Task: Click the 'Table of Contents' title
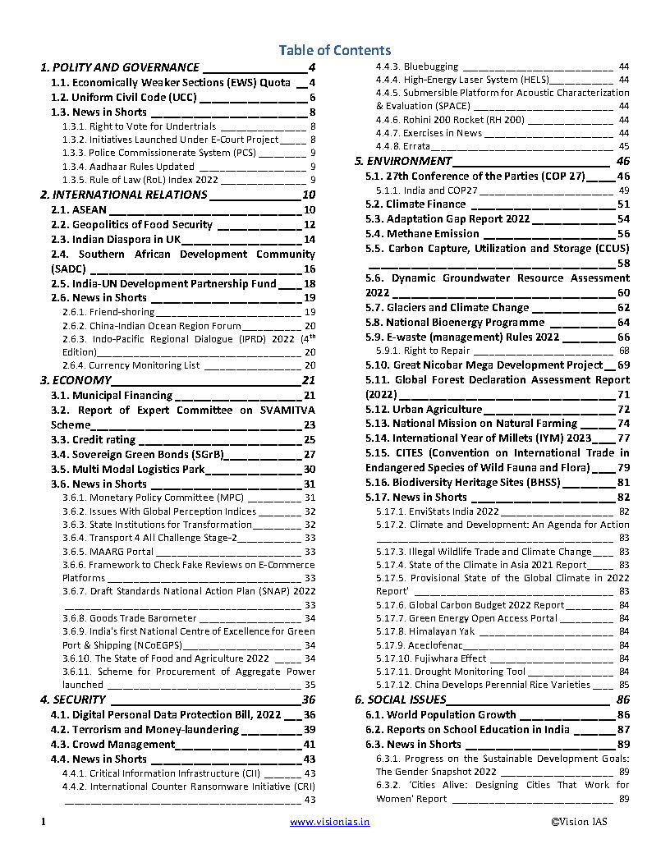click(x=334, y=50)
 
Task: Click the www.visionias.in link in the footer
click(x=329, y=821)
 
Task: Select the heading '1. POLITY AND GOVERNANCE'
click(x=120, y=67)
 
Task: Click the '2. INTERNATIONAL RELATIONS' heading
click(x=124, y=195)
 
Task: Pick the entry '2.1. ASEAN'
click(x=79, y=209)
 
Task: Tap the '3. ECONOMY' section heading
click(x=76, y=380)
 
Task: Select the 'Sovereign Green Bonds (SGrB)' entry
click(x=137, y=454)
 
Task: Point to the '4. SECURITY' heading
click(x=73, y=700)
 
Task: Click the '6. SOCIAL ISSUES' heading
click(x=401, y=700)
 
